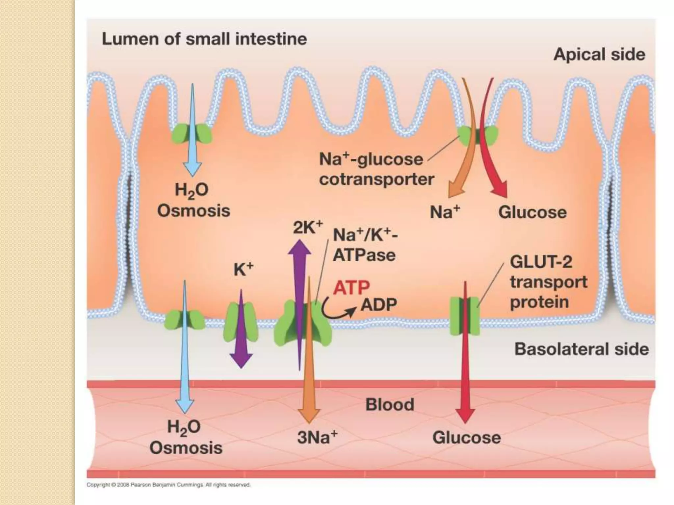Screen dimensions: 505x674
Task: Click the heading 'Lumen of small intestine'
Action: [204, 39]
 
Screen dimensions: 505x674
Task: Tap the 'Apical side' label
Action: [599, 55]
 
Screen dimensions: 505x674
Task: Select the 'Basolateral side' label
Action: [582, 349]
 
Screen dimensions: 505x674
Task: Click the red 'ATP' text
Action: [351, 288]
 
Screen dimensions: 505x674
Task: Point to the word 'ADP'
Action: [379, 305]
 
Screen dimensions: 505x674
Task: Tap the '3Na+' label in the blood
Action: [317, 438]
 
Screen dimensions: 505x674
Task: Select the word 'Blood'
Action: [390, 405]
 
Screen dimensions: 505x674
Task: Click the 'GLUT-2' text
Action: [541, 262]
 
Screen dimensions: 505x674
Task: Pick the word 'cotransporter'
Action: [376, 180]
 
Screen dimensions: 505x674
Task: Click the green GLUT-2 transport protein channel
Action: [464, 316]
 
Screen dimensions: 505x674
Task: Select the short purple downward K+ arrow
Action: [241, 329]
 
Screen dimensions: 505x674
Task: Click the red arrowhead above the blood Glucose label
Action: [465, 415]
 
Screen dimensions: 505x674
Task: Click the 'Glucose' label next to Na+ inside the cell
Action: [532, 212]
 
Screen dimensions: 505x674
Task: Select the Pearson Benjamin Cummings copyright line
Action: [168, 485]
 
